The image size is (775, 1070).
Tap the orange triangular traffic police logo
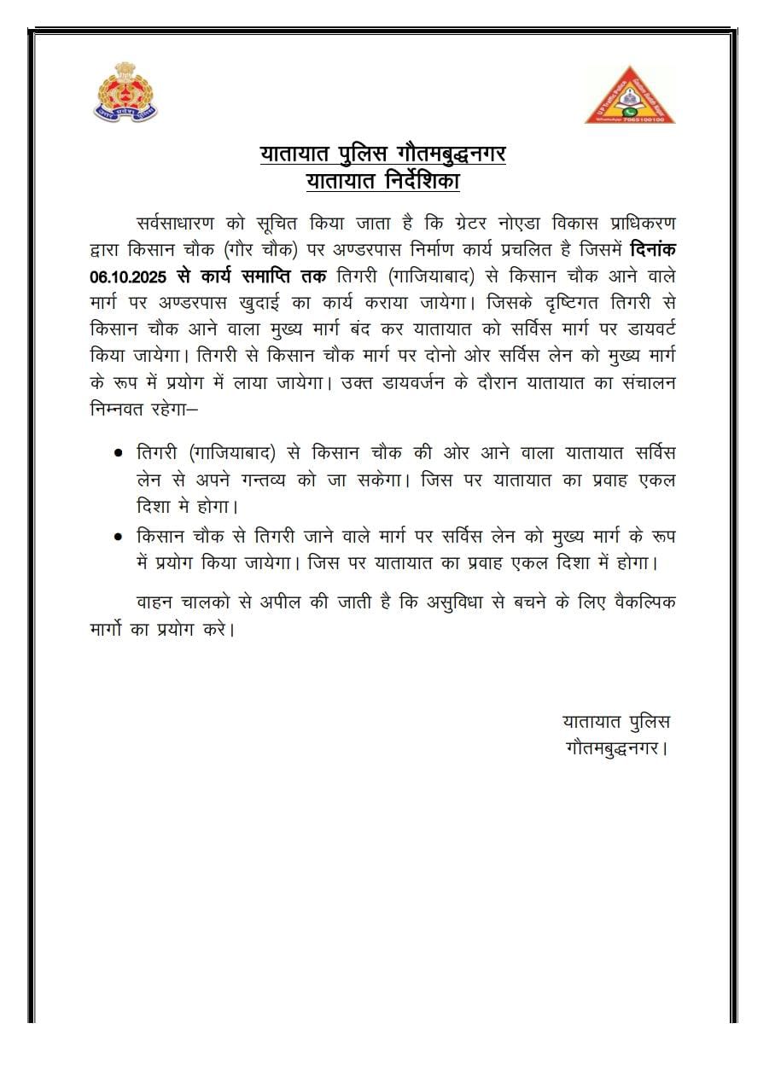pyautogui.click(x=630, y=96)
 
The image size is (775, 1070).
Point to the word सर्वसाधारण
pyautogui.click(x=178, y=224)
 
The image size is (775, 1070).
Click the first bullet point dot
pyautogui.click(x=118, y=452)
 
